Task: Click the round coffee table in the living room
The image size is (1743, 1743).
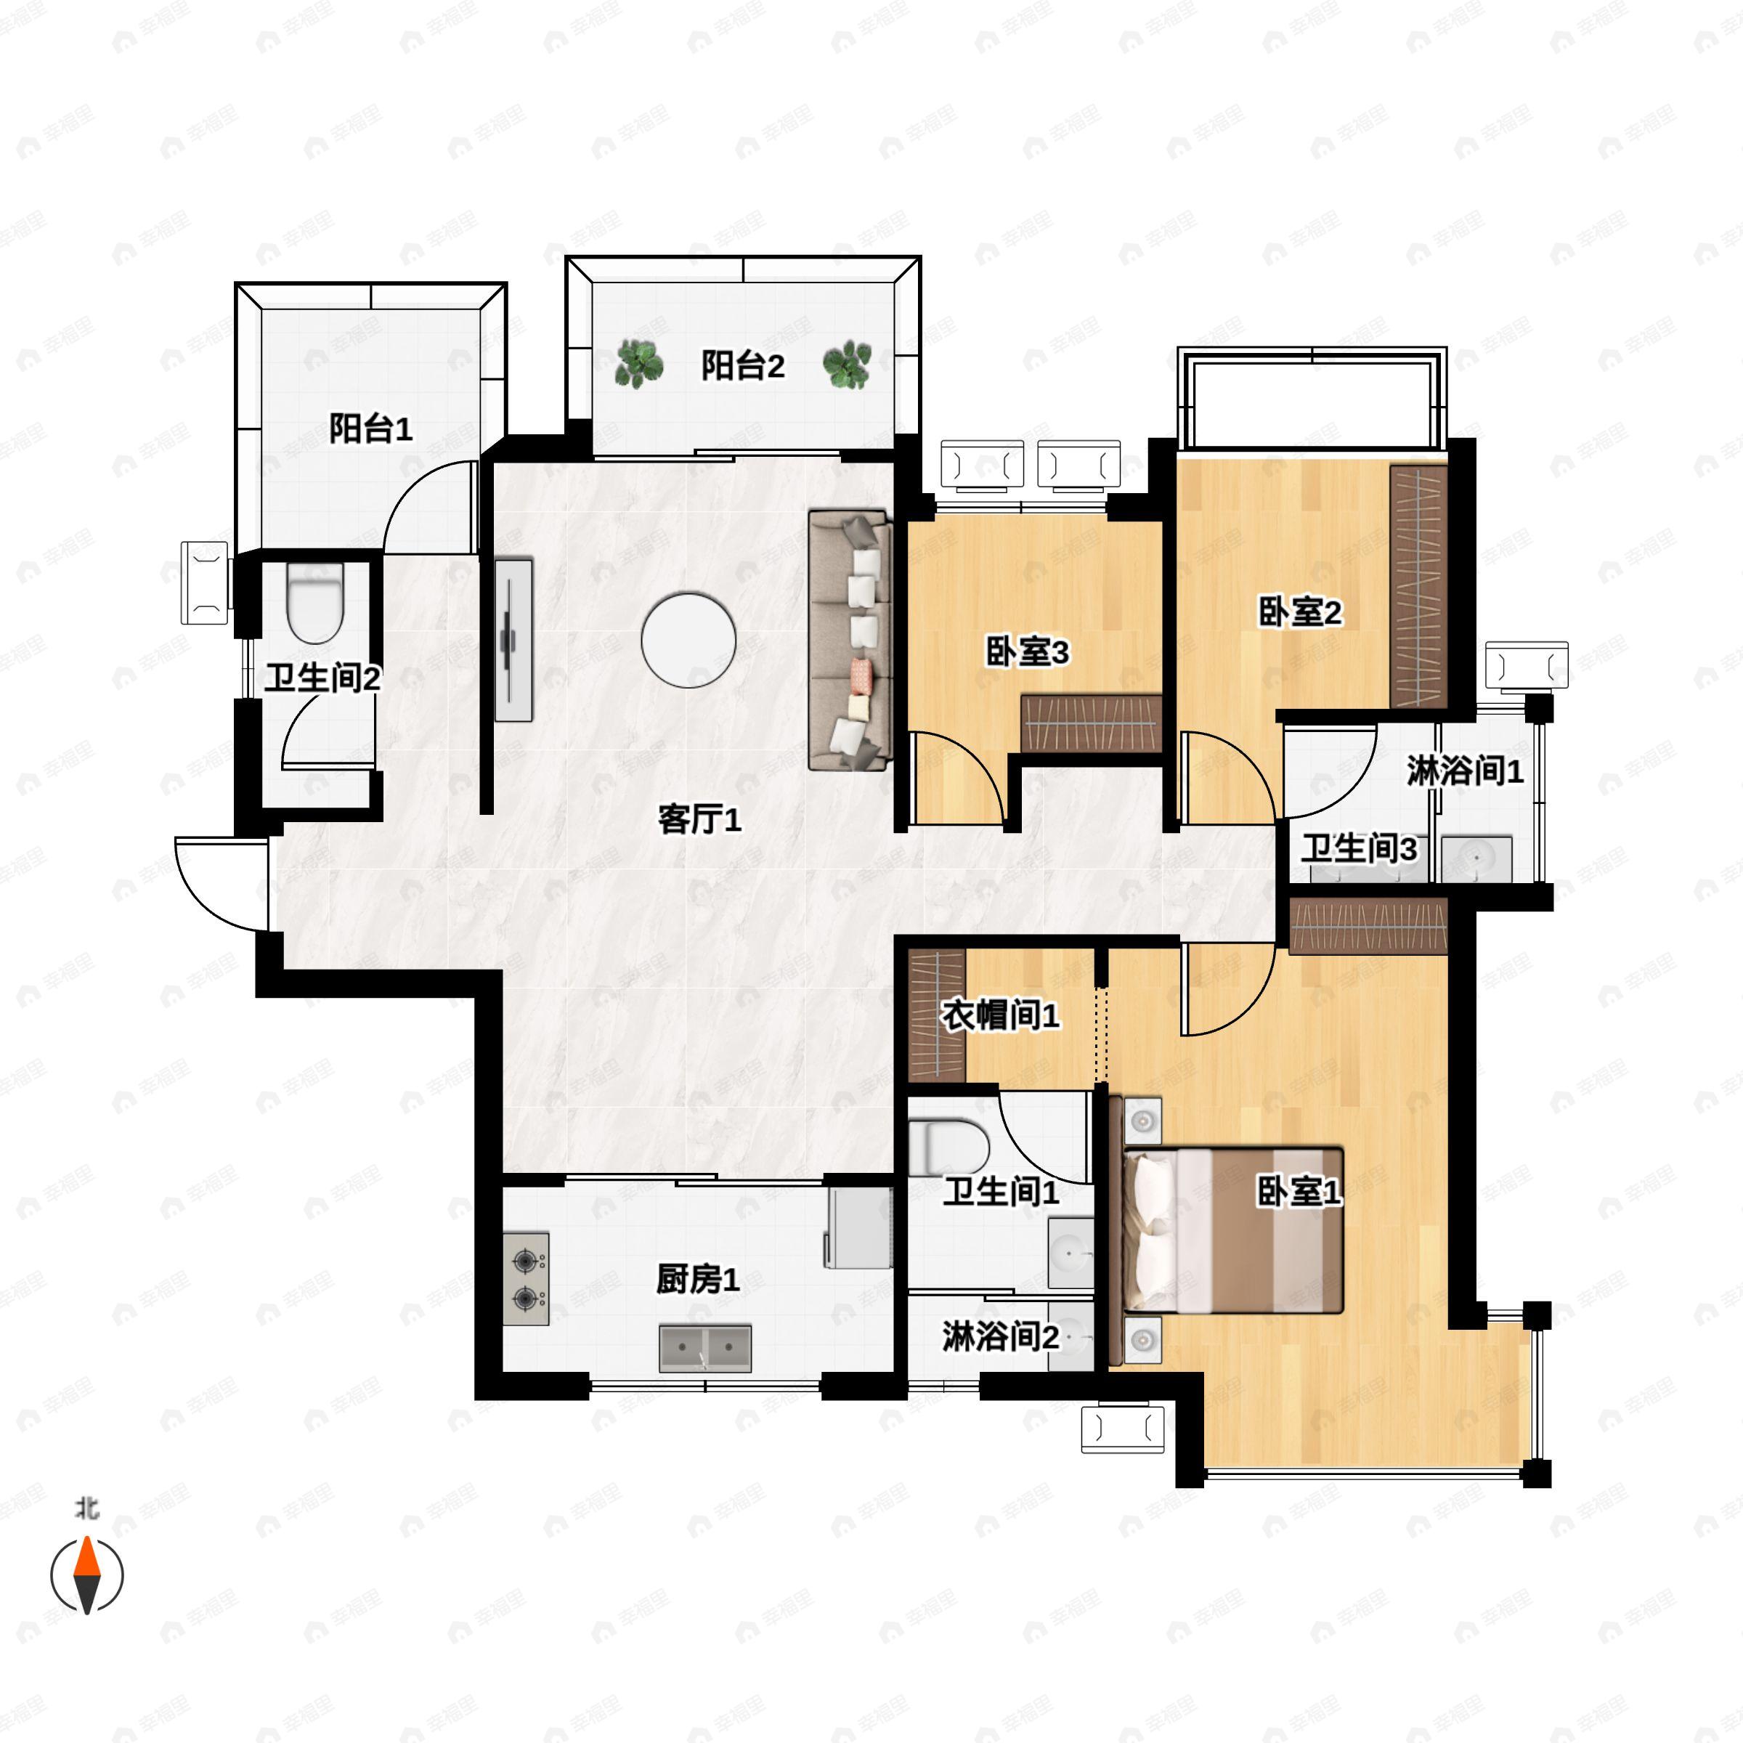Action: [688, 640]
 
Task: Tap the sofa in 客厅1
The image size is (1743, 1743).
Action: [850, 640]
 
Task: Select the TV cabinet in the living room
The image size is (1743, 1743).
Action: [513, 640]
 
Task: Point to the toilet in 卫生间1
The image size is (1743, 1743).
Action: [948, 1147]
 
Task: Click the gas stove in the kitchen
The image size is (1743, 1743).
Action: [526, 1278]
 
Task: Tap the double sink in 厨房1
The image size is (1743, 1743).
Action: [704, 1348]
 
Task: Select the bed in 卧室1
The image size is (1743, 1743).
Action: [1232, 1230]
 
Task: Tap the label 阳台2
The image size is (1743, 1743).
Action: [744, 365]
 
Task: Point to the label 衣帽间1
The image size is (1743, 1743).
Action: [999, 1016]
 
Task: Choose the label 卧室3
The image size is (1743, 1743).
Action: [1028, 651]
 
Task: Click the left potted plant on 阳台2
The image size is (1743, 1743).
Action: [639, 365]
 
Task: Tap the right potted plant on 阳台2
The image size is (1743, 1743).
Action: [847, 365]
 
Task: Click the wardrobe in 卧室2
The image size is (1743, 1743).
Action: [1418, 586]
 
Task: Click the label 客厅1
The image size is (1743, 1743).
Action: [700, 819]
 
